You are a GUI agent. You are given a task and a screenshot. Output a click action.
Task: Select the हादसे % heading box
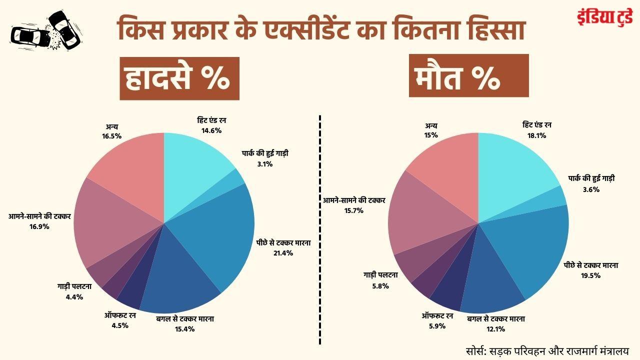pyautogui.click(x=179, y=78)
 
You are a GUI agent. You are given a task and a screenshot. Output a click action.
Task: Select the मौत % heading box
pyautogui.click(x=468, y=75)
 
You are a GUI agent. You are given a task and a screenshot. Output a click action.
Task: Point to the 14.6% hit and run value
pyautogui.click(x=211, y=130)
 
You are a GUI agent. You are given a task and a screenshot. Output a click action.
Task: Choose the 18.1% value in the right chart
pyautogui.click(x=533, y=135)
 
